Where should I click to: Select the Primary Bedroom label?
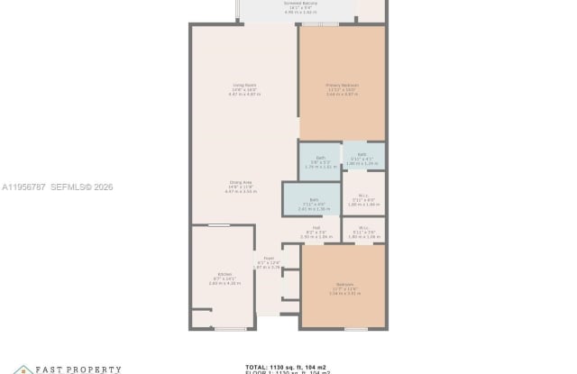(343, 88)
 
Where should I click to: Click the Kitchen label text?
(224, 277)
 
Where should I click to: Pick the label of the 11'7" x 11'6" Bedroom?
(344, 287)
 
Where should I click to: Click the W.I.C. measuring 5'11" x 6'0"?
(364, 201)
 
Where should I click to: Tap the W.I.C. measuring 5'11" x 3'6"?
(364, 231)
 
